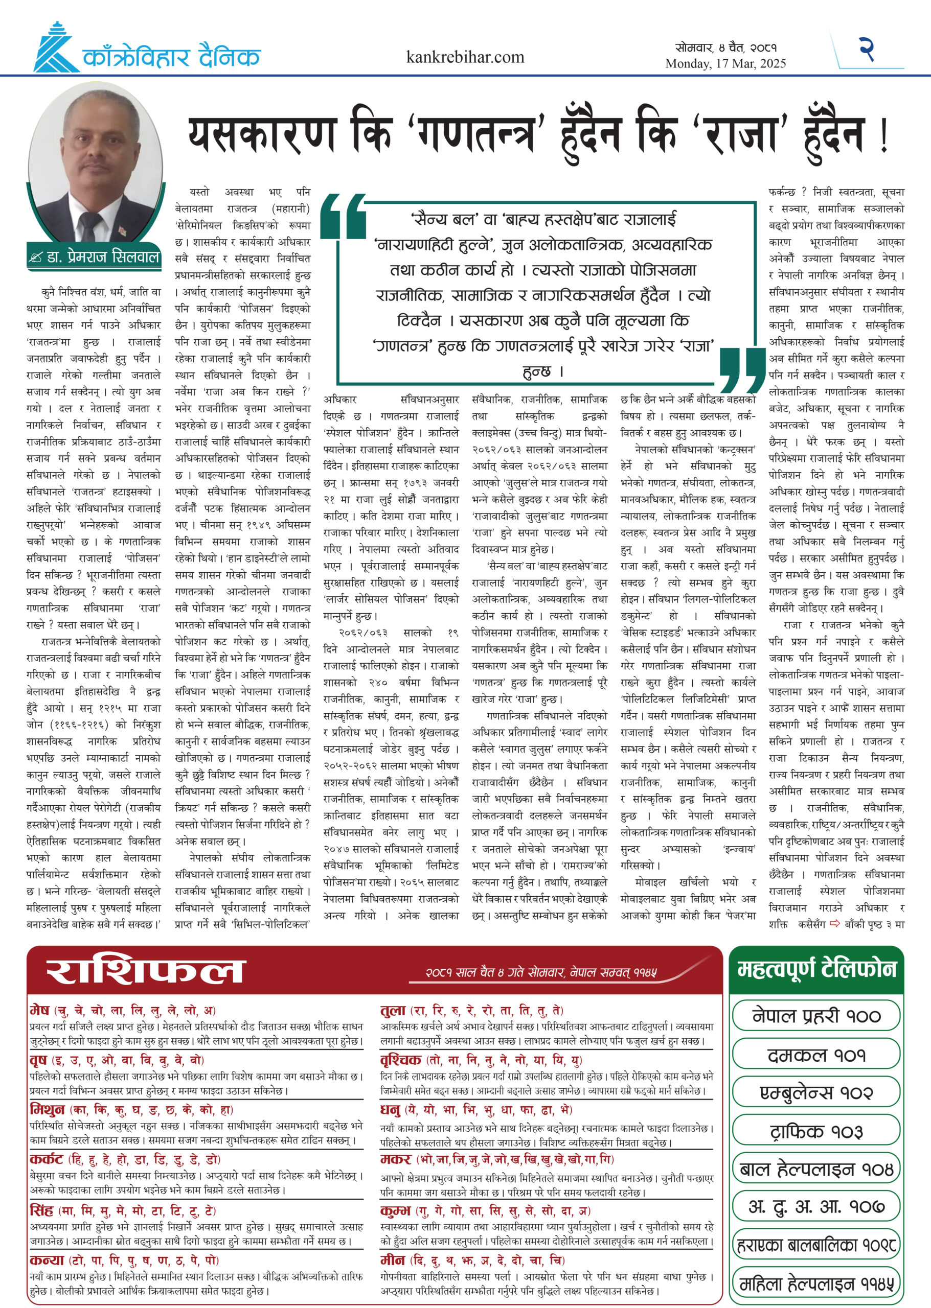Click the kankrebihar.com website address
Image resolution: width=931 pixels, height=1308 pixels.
pos(465,57)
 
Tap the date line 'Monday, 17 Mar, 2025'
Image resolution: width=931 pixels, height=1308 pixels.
pos(725,63)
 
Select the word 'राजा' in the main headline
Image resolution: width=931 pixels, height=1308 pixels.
pos(742,135)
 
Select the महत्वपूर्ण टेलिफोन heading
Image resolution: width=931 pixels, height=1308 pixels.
pos(816,969)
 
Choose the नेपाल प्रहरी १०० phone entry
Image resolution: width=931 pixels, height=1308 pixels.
pos(816,1016)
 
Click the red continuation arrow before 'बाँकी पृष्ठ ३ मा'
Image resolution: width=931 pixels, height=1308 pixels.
pos(835,923)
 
